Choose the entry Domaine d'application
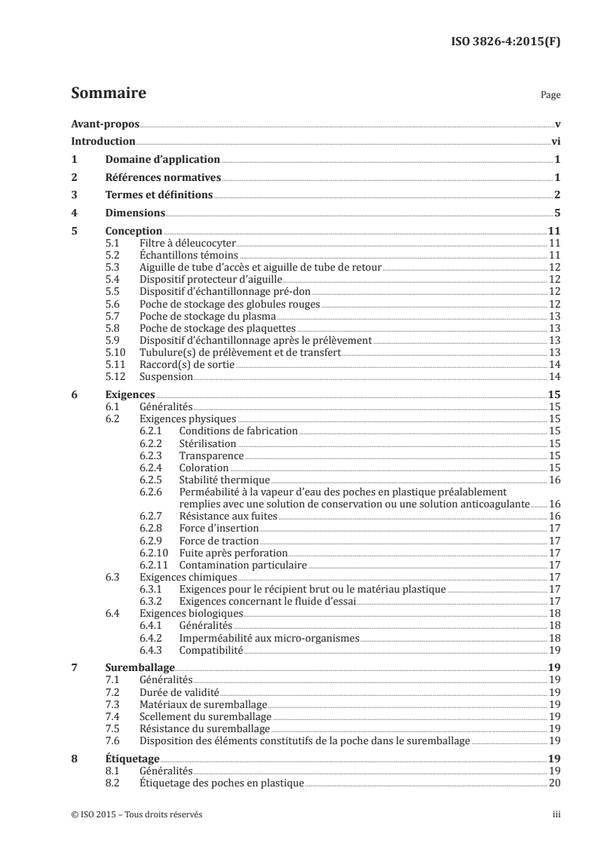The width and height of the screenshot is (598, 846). (161, 159)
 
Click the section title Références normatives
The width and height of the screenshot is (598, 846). (162, 177)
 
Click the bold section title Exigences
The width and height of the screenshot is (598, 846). (130, 394)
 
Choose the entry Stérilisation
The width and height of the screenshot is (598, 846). (207, 443)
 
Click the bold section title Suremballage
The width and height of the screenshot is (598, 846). (140, 668)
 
